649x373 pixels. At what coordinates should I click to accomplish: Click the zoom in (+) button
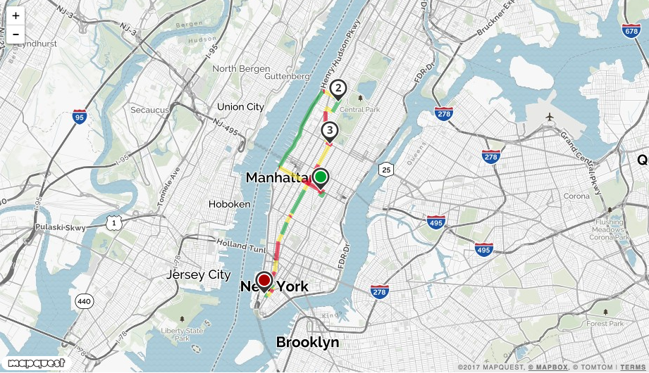coord(16,15)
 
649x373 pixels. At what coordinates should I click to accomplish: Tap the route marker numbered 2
coord(339,88)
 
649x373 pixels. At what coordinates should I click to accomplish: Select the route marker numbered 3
coord(329,130)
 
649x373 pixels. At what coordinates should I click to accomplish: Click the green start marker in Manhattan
coord(321,177)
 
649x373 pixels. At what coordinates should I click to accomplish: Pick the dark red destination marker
coord(264,280)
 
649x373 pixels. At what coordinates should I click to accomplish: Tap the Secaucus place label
coord(149,110)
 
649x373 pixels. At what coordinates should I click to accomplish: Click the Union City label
coord(240,107)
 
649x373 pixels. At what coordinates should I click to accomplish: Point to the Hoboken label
coord(229,204)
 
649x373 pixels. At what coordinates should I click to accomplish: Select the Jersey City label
coord(198,274)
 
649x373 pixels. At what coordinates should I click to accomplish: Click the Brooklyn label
coord(307,343)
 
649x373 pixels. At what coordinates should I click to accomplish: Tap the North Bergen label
coord(241,69)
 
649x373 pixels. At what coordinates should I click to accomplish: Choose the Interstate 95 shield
coord(79,117)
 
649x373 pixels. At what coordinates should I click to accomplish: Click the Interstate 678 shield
coord(631,31)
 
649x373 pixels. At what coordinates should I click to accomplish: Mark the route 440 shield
coord(84,301)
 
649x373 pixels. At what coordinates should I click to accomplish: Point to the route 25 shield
coord(385,169)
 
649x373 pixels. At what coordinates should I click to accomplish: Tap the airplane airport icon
coord(549,116)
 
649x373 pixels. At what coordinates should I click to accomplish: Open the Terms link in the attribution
coord(633,367)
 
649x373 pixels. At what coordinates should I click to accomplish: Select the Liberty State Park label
coord(182,334)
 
